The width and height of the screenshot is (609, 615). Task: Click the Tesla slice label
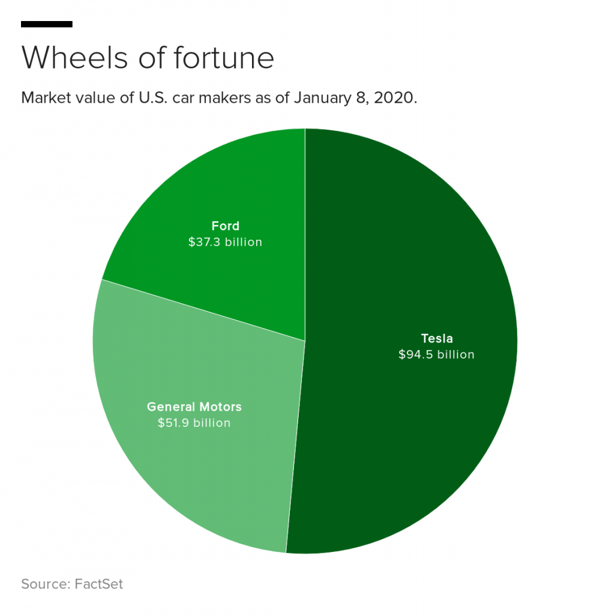coord(436,338)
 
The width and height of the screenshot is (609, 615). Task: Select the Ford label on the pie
coord(225,226)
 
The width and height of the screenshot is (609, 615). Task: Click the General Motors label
coord(194,407)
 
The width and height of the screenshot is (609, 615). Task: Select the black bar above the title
coord(47,25)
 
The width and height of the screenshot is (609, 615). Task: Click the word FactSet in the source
coord(99,584)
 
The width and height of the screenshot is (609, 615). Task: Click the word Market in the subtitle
coord(46,98)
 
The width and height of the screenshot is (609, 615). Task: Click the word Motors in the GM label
coord(220,407)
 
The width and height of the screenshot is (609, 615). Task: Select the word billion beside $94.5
coord(455,354)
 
